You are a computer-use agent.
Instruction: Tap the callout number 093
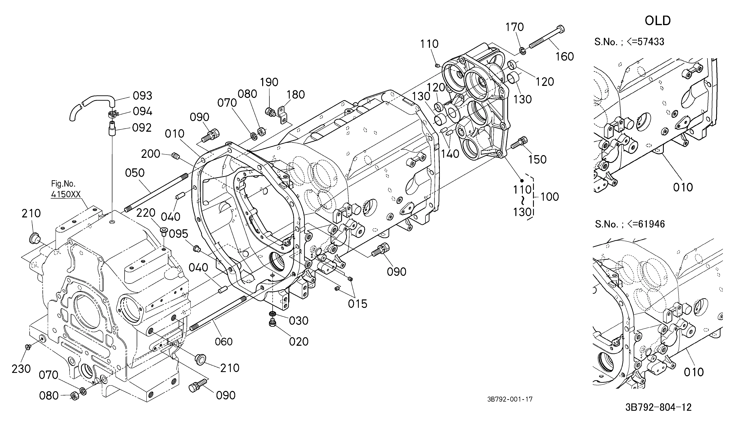(x=142, y=96)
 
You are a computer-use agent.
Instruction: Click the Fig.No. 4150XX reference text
(x=66, y=189)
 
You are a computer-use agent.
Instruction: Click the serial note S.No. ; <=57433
(x=629, y=42)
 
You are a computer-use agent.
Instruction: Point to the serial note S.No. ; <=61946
(x=630, y=224)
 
